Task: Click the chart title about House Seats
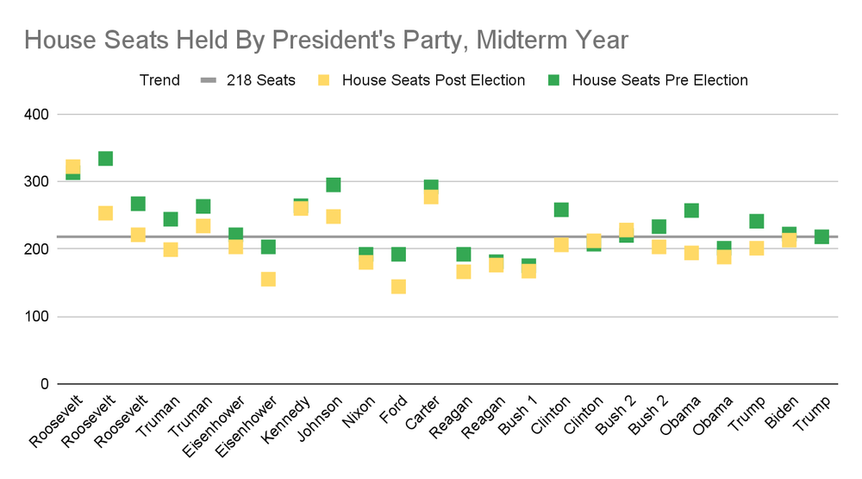326,40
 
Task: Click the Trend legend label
159,80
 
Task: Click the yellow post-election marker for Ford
398,287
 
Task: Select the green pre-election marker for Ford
398,254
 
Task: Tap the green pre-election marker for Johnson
334,185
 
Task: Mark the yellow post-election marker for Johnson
334,217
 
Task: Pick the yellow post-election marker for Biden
789,240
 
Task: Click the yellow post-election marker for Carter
431,197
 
